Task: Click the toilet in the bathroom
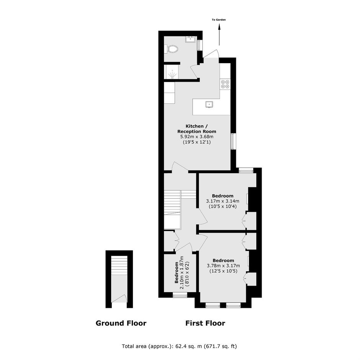[x=172, y=49]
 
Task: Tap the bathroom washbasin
[x=190, y=39]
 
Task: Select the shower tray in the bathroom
[x=172, y=72]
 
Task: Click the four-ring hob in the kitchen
[x=225, y=84]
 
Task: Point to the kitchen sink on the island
[x=209, y=104]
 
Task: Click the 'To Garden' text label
[x=219, y=20]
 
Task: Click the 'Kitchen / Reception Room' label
[x=197, y=129]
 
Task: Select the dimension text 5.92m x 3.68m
[x=197, y=137]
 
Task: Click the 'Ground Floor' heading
[x=121, y=323]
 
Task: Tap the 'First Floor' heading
[x=205, y=323]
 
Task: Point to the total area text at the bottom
[x=179, y=346]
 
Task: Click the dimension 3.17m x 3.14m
[x=223, y=201]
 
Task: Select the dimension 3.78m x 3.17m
[x=223, y=266]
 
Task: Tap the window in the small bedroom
[x=180, y=295]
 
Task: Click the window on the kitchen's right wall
[x=233, y=141]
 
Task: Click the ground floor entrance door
[x=119, y=299]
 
